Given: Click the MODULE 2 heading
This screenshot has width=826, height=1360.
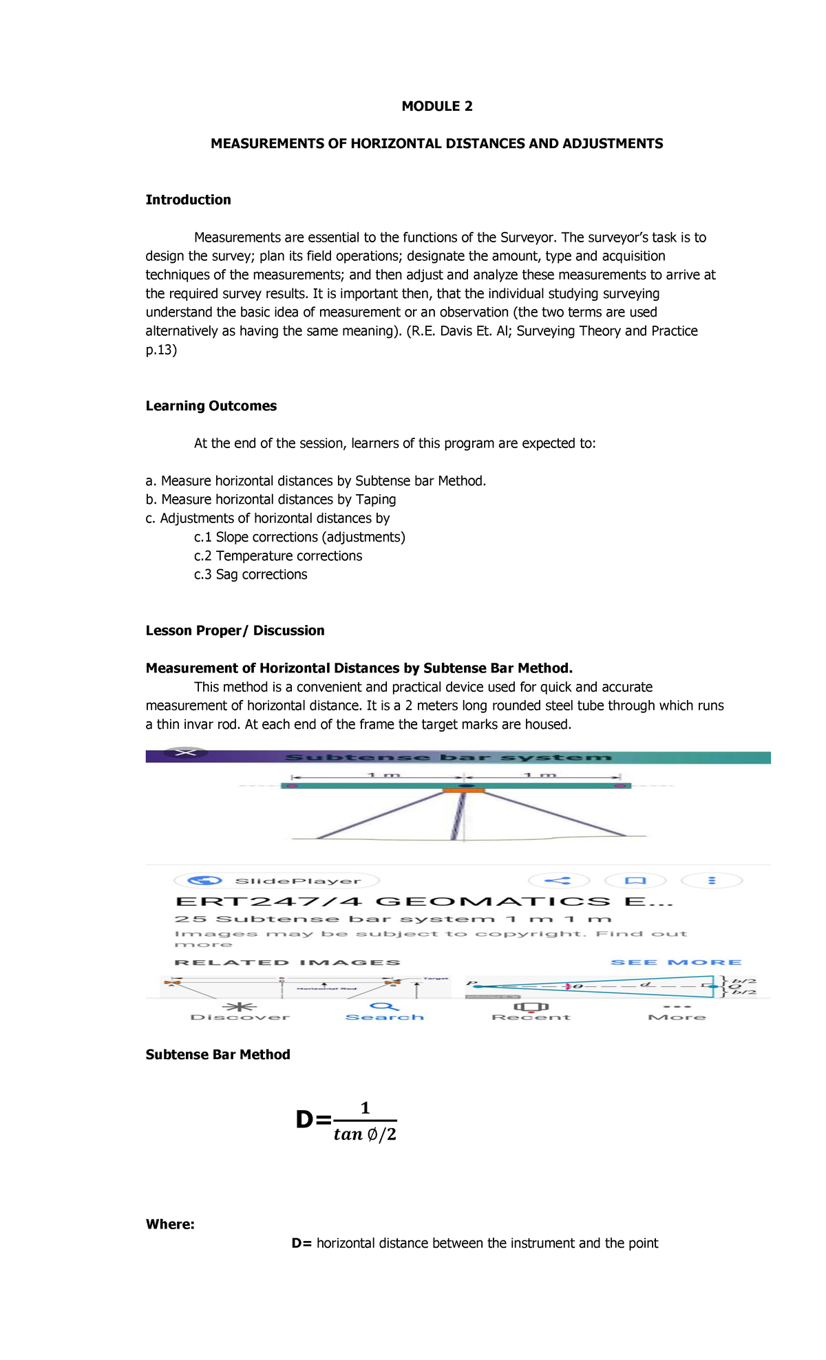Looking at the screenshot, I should (x=437, y=106).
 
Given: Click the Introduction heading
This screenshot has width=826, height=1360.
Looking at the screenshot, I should (x=188, y=200).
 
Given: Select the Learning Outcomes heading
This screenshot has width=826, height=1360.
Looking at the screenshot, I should (x=211, y=405).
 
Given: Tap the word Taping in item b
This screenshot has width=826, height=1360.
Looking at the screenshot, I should (x=375, y=499).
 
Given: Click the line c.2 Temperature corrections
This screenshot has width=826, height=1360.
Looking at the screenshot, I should (x=277, y=555).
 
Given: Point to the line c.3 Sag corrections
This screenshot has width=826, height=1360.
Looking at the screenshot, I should (x=251, y=574).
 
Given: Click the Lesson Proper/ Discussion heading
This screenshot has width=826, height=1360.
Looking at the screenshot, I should (x=235, y=630).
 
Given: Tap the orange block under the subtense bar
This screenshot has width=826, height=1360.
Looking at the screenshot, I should (x=463, y=791).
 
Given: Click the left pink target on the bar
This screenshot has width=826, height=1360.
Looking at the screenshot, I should (x=292, y=785).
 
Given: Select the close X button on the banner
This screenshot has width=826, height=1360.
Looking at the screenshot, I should (x=185, y=753).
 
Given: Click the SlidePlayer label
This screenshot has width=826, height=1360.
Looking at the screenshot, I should (x=297, y=881).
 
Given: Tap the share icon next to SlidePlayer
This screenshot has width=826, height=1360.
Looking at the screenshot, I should (x=558, y=880).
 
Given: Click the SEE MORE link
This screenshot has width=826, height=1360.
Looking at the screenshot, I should (x=676, y=962).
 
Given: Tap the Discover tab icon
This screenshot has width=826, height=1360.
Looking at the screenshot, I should (x=240, y=1007).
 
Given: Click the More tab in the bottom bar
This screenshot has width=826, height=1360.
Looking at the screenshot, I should (x=677, y=1012).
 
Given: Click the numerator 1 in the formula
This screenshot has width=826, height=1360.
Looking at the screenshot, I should (x=366, y=1107).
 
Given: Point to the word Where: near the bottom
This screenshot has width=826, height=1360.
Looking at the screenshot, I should (x=170, y=1224).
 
